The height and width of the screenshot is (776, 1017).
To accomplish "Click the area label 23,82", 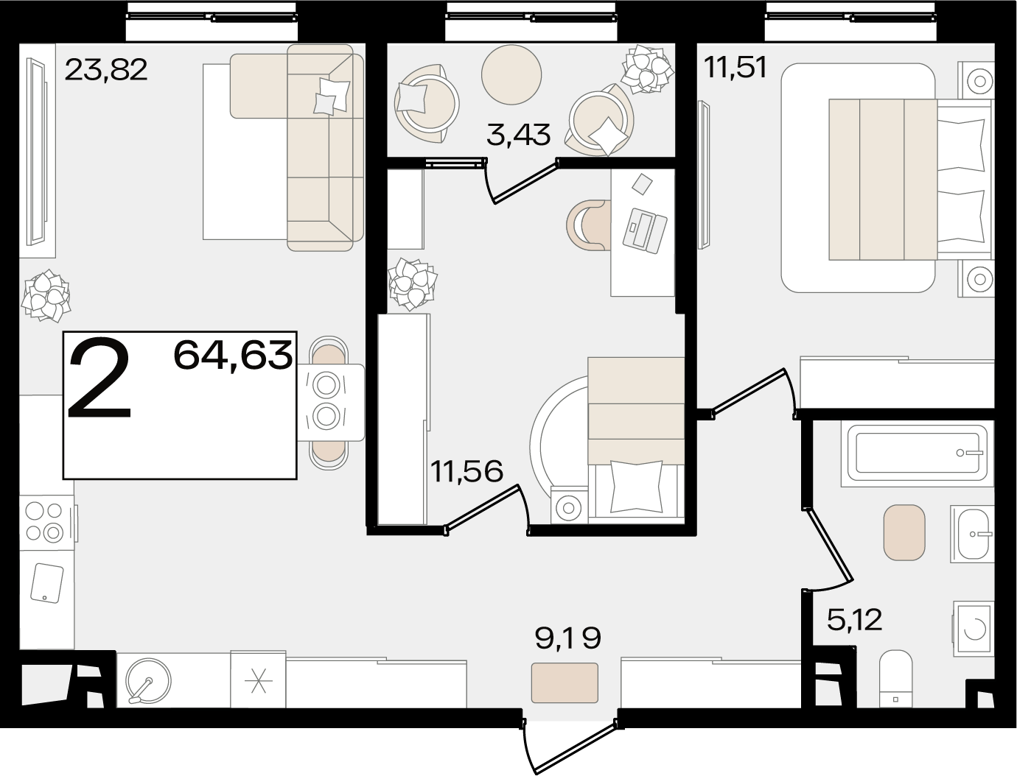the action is [106, 70].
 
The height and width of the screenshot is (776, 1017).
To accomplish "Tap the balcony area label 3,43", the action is [519, 135].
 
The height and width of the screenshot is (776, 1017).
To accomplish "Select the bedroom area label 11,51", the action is [735, 68].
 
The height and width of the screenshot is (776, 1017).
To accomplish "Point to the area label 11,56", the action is [466, 471].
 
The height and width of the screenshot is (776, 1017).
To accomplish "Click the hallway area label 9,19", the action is [568, 638].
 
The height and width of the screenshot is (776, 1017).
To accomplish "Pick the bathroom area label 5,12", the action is [854, 620].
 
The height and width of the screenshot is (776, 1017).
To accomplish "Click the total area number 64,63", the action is [233, 355].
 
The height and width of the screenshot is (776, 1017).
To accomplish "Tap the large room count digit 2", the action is [99, 378].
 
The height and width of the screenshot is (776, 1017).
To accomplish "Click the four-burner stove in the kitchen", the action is [46, 523].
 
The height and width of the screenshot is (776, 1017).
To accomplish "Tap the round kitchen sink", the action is [148, 681].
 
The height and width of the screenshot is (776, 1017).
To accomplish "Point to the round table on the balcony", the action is [511, 74].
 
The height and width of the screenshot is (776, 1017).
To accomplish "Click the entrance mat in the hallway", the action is [565, 682].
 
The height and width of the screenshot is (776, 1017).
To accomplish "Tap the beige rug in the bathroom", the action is [904, 532].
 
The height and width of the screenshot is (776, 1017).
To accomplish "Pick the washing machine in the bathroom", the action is [974, 629].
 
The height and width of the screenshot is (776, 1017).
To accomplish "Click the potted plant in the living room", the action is [46, 296].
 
